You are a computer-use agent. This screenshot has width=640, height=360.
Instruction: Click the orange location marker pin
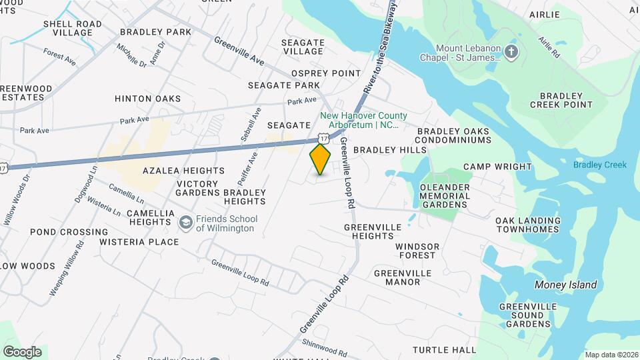[x=321, y=159]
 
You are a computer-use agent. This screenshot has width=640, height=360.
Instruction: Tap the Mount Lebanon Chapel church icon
[x=511, y=53]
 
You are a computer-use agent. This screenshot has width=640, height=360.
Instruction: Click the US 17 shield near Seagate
[x=323, y=137]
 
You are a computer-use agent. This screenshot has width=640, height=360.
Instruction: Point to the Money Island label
[x=566, y=285]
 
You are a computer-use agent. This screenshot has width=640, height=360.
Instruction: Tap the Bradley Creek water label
[x=600, y=165]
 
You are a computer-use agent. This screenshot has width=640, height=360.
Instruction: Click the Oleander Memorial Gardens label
[x=445, y=196]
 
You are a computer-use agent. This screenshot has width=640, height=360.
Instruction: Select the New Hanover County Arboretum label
[x=363, y=120]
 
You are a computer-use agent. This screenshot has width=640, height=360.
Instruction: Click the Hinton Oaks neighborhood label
[x=147, y=99]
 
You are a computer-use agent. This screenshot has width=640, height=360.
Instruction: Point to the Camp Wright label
[x=497, y=167]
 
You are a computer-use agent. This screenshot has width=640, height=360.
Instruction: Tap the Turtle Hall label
[x=444, y=349]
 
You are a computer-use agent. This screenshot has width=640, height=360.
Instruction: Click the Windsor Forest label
[x=417, y=251]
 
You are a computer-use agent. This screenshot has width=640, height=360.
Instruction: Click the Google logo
[x=22, y=352]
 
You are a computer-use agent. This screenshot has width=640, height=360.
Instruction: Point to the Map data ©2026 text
[x=612, y=355]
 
